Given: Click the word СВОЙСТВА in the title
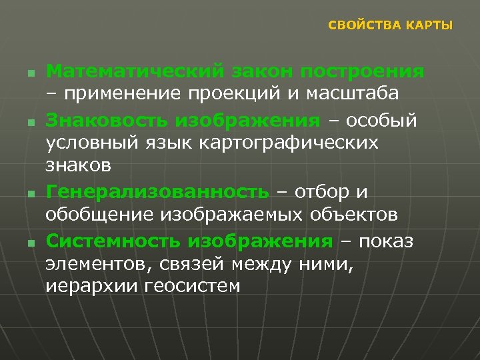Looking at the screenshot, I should tap(360, 25).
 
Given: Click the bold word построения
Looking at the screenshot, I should tap(363, 71).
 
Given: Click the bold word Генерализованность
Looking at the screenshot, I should tap(157, 193).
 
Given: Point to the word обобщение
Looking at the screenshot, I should tap(99, 215).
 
